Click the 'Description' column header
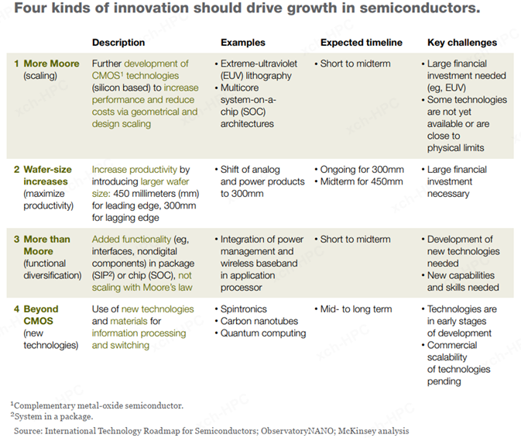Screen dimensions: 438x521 tap(118, 43)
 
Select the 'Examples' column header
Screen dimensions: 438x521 tap(242, 43)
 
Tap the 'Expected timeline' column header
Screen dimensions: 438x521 tap(361, 43)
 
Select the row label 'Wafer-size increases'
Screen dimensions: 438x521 tap(46, 175)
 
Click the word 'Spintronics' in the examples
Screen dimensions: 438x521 tap(247, 309)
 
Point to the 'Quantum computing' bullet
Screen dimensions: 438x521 tap(263, 333)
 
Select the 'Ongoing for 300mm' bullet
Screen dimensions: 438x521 tap(362, 170)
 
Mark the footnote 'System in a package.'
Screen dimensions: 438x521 tap(54, 416)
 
